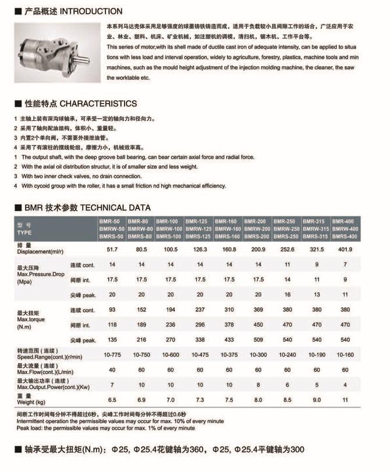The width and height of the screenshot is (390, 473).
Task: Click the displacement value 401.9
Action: [346, 249]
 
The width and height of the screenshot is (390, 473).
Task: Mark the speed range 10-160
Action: [346, 354]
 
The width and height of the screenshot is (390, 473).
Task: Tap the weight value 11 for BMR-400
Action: [346, 400]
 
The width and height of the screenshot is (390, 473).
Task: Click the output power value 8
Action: [258, 385]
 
